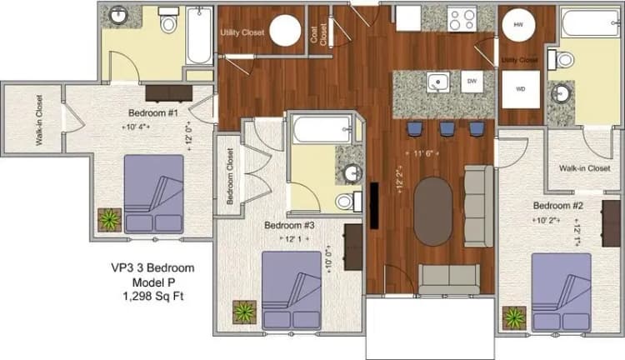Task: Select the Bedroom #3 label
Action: pyautogui.click(x=289, y=225)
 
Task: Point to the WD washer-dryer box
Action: pyautogui.click(x=521, y=89)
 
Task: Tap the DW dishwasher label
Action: pyautogui.click(x=472, y=81)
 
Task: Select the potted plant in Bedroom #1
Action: pyautogui.click(x=109, y=219)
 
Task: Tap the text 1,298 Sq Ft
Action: pyautogui.click(x=152, y=296)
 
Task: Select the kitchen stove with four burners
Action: pyautogui.click(x=462, y=18)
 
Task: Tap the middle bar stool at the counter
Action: pyautogui.click(x=447, y=128)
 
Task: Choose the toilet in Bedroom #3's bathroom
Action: pyautogui.click(x=347, y=202)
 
